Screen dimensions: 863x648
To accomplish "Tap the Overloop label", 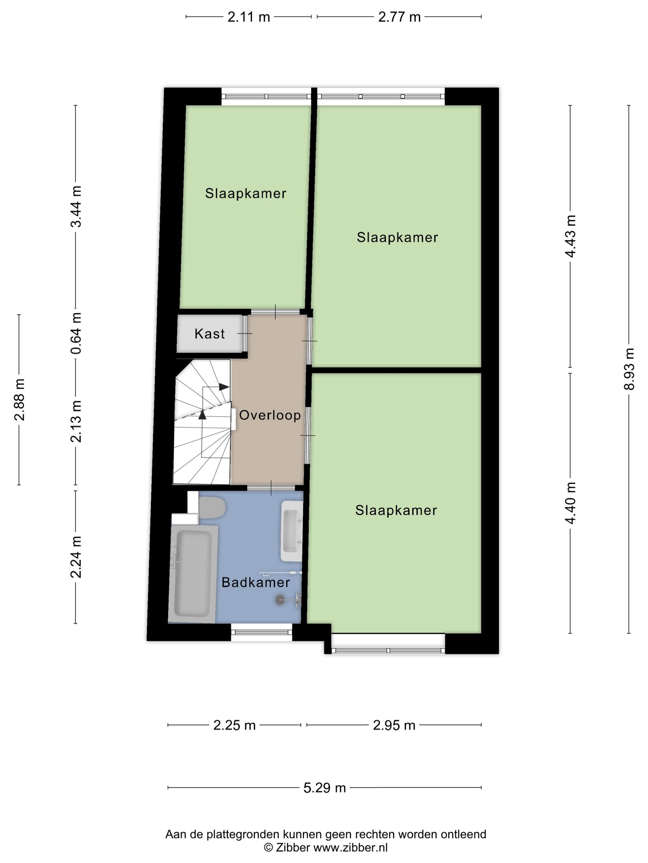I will coord(269,415).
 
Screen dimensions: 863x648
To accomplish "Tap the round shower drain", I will coord(280,600).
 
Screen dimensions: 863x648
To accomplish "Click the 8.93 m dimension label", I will coord(629,369).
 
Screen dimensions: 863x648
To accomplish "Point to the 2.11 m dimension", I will coord(249,17).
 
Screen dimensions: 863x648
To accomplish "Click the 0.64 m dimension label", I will coord(76,333).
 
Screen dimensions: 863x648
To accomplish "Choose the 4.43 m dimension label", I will coord(570,236).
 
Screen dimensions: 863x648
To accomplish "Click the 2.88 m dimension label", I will coord(19,399).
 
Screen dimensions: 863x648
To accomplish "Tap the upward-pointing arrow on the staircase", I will coord(202,415).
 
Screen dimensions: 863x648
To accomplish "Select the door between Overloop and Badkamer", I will coord(271,488).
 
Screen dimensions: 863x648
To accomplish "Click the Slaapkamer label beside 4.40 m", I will coord(396,511).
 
